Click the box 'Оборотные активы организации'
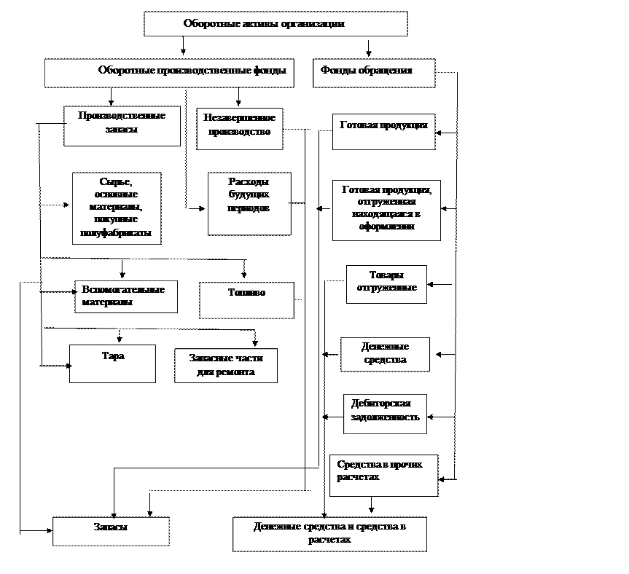tap(276, 24)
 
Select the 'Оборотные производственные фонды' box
tap(169, 73)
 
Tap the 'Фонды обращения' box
tap(374, 73)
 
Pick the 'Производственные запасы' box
tap(122, 126)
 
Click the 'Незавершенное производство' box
tap(239, 128)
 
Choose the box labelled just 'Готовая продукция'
tap(383, 131)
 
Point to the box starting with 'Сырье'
tap(117, 208)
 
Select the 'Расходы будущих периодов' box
tap(249, 203)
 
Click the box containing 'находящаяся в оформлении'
tap(386, 211)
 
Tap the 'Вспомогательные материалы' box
tap(126, 296)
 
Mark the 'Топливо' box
tap(246, 300)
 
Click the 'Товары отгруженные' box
tap(386, 284)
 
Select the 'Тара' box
tap(113, 363)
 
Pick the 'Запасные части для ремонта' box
tap(226, 366)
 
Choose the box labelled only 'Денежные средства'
tap(385, 354)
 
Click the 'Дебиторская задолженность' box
tap(385, 414)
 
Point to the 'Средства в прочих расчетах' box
tap(383, 476)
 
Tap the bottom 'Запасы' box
tap(111, 531)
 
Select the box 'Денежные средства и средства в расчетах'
tap(329, 534)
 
